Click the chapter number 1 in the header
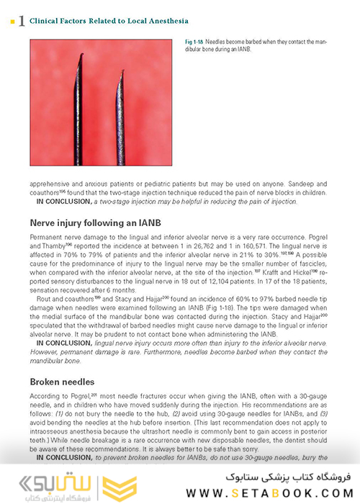point(22,22)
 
